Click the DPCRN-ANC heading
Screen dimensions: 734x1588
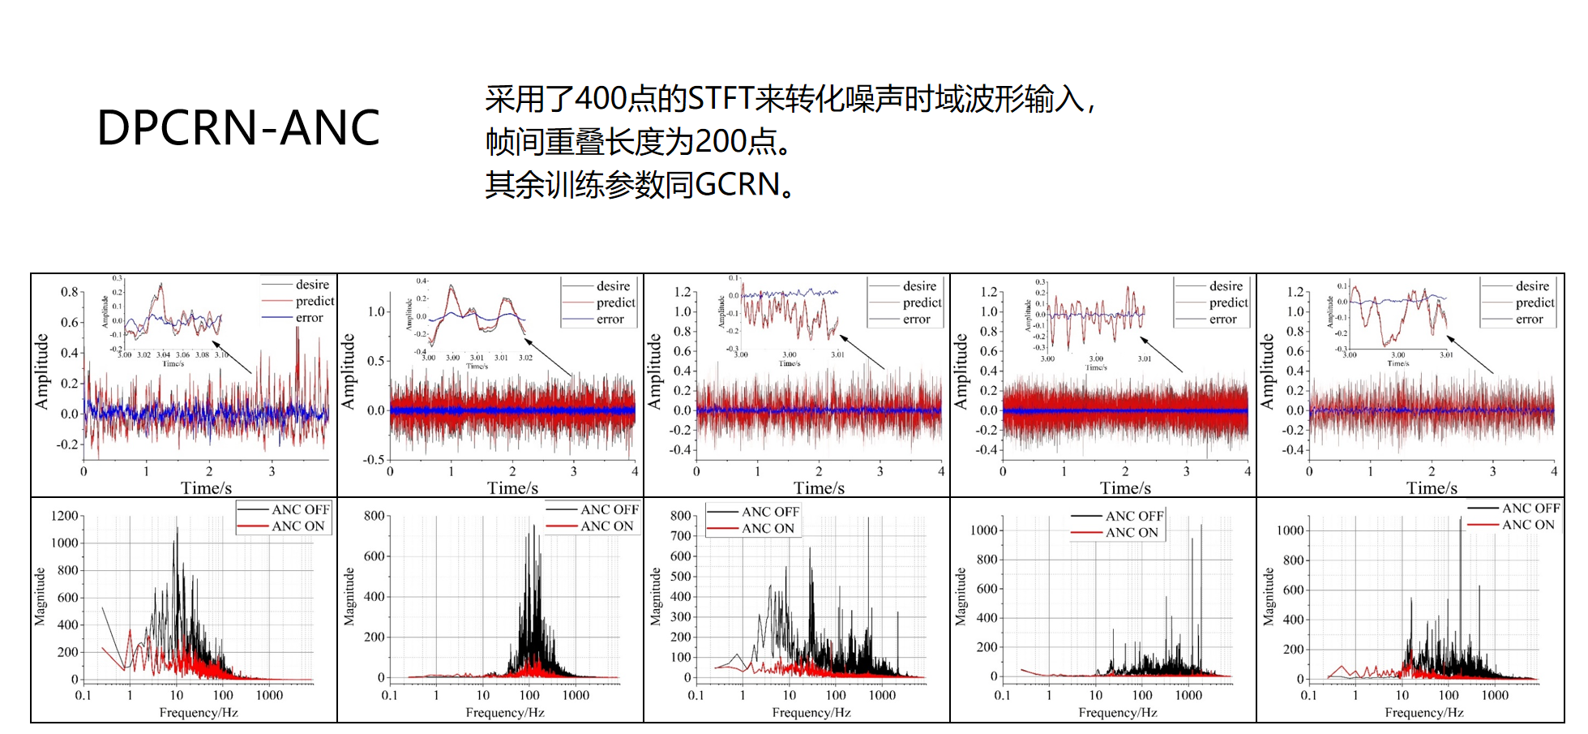238,128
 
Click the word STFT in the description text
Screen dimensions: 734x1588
720,99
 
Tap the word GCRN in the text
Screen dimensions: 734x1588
737,185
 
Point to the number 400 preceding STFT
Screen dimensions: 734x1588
600,99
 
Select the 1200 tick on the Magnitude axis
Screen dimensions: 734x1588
65,516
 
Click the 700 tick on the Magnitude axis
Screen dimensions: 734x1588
681,536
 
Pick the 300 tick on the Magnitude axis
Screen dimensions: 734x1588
681,617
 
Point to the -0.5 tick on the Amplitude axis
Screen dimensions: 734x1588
373,460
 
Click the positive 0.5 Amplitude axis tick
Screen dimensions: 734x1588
376,361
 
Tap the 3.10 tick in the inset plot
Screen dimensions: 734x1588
221,355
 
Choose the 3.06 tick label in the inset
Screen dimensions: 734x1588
183,355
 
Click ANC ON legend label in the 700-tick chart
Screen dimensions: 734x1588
768,529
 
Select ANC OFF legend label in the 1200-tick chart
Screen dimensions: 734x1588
301,509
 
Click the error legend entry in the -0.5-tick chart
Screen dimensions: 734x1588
610,320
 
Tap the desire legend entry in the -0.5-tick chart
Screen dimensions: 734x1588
613,286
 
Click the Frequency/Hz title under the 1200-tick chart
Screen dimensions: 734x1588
199,713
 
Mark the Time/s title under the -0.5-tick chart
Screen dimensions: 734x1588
512,488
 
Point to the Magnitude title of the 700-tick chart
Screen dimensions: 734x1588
656,597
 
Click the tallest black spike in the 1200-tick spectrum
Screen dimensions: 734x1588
177,529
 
